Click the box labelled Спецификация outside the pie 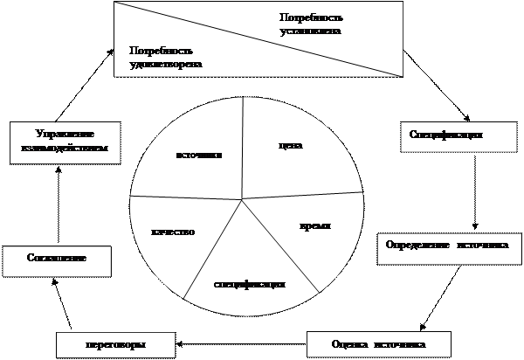click(x=445, y=135)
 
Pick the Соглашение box click(x=57, y=260)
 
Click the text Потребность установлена click(x=311, y=24)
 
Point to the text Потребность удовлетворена click(x=165, y=58)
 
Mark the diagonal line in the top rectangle click(x=259, y=39)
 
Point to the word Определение click(x=417, y=246)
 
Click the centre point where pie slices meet click(x=242, y=200)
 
